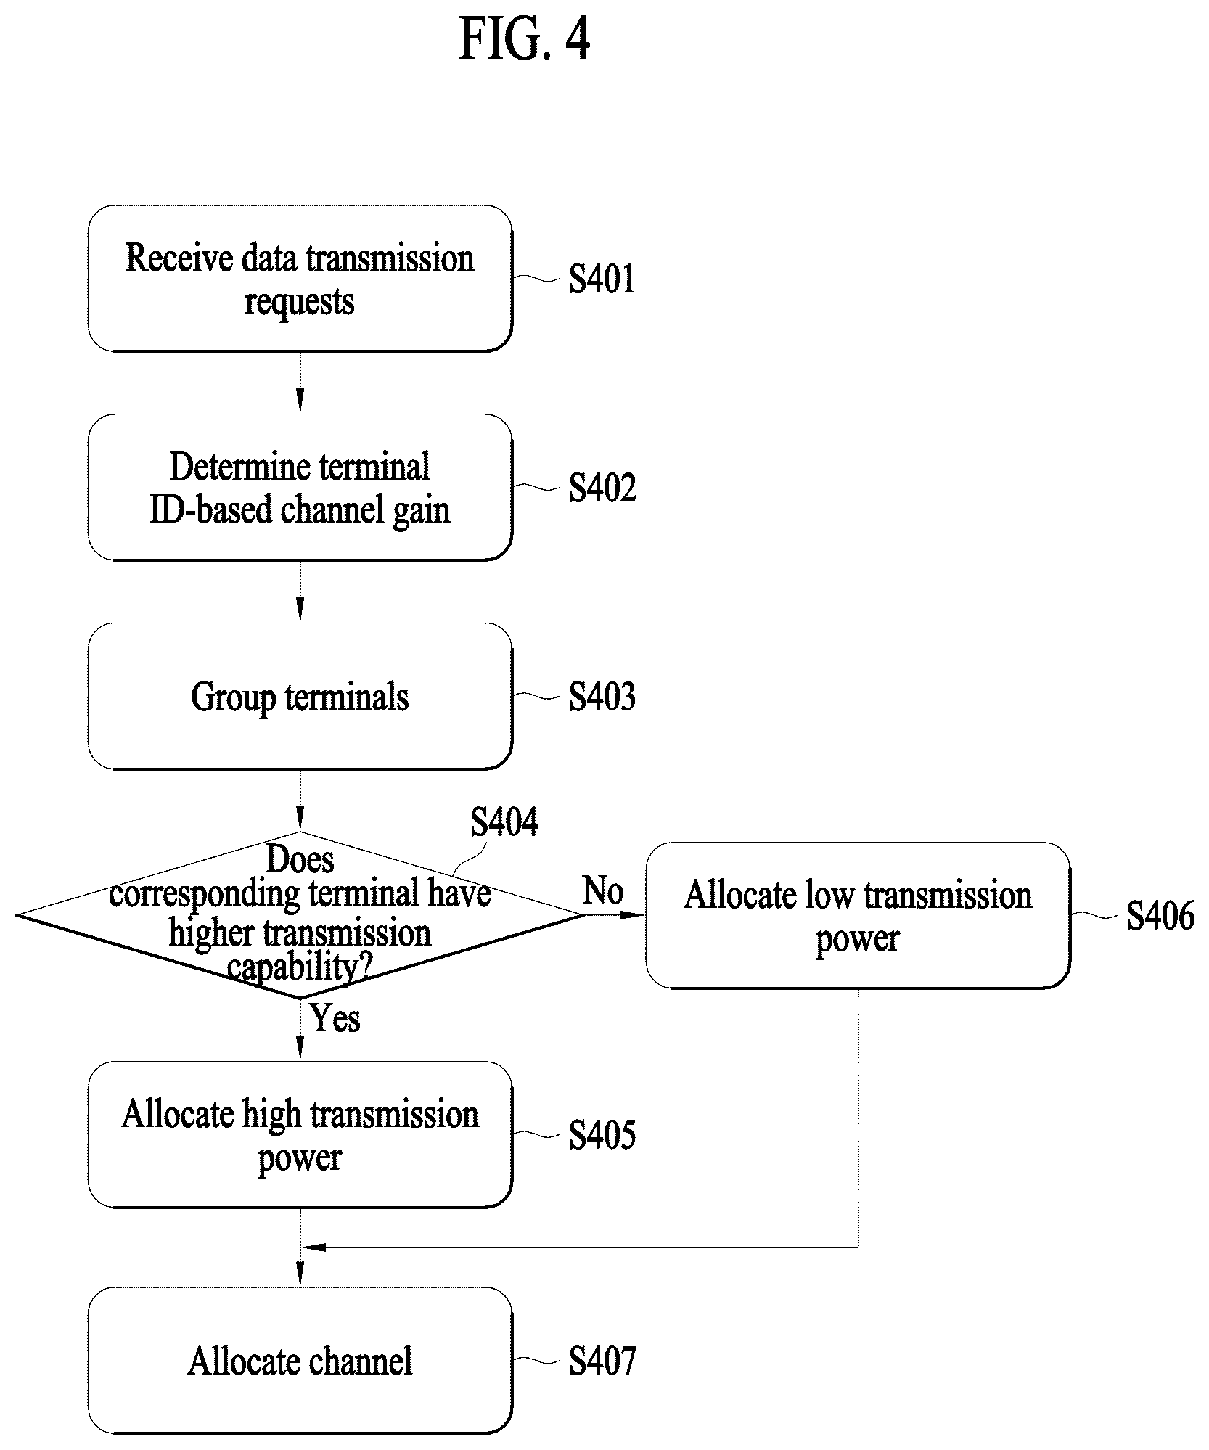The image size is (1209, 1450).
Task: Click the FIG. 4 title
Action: pos(525,40)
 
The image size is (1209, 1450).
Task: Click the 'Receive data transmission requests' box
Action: pos(300,279)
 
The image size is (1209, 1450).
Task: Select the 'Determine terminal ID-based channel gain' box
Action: pos(300,487)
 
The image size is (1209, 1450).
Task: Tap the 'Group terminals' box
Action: pos(300,696)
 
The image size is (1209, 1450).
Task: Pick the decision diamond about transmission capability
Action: pos(300,915)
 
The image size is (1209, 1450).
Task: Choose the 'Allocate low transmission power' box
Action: pos(858,915)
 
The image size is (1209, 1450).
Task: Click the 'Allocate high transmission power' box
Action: pos(300,1134)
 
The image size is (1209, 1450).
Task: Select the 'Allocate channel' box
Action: pos(300,1361)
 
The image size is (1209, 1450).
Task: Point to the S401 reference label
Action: pos(602,279)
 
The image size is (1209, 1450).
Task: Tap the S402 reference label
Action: pos(602,488)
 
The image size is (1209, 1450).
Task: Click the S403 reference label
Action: pos(602,697)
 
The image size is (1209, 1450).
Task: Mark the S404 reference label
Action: pos(504,822)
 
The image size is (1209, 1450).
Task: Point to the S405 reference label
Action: pos(602,1135)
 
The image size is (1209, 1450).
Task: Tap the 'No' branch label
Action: pos(603,890)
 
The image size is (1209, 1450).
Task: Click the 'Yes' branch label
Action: pos(335,1018)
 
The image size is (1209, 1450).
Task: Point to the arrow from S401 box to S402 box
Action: pos(300,382)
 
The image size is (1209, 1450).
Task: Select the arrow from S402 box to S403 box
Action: pos(300,591)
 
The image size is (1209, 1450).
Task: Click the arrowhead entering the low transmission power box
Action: pos(635,915)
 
